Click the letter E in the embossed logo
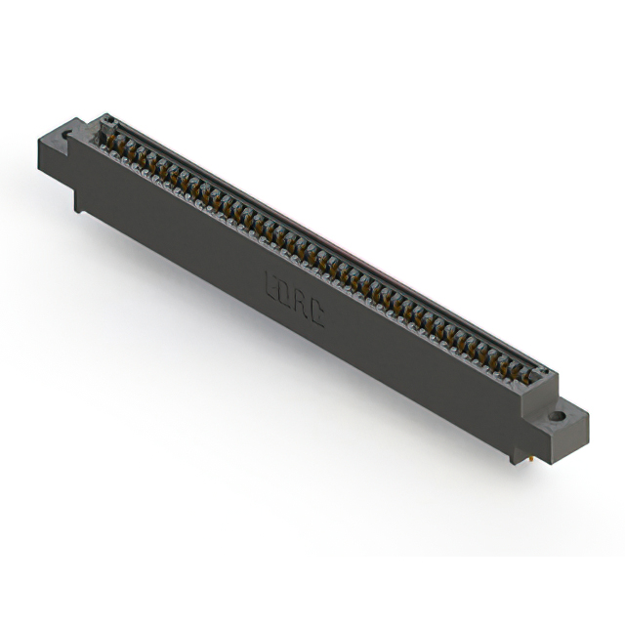[271, 284]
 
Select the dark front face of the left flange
[55, 165]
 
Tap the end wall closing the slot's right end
[543, 376]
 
